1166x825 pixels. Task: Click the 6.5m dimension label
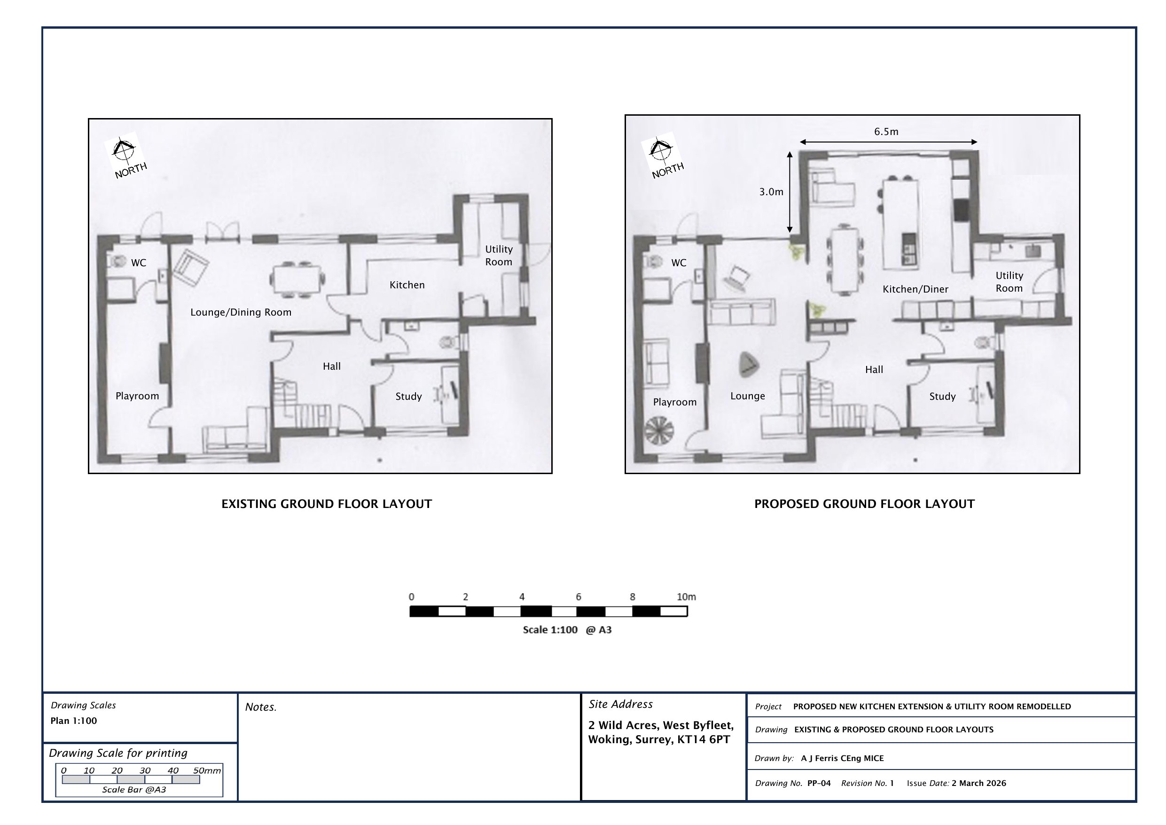(886, 132)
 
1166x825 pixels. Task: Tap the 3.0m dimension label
(771, 191)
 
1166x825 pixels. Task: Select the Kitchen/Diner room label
(915, 289)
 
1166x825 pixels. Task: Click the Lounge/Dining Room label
(241, 312)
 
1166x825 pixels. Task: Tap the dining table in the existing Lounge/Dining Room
(297, 279)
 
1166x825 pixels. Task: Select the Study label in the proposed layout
(942, 397)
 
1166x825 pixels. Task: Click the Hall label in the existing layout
(332, 366)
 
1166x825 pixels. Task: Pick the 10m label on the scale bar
(686, 597)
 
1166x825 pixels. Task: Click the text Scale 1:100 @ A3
(567, 630)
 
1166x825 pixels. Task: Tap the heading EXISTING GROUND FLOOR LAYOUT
(327, 504)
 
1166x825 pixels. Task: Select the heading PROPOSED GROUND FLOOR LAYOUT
(864, 504)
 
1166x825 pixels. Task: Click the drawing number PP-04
(819, 783)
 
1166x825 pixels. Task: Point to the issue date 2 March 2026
(978, 783)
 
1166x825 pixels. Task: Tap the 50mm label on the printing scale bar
(207, 770)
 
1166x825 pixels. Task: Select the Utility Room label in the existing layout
(499, 256)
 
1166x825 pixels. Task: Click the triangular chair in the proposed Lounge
(748, 365)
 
